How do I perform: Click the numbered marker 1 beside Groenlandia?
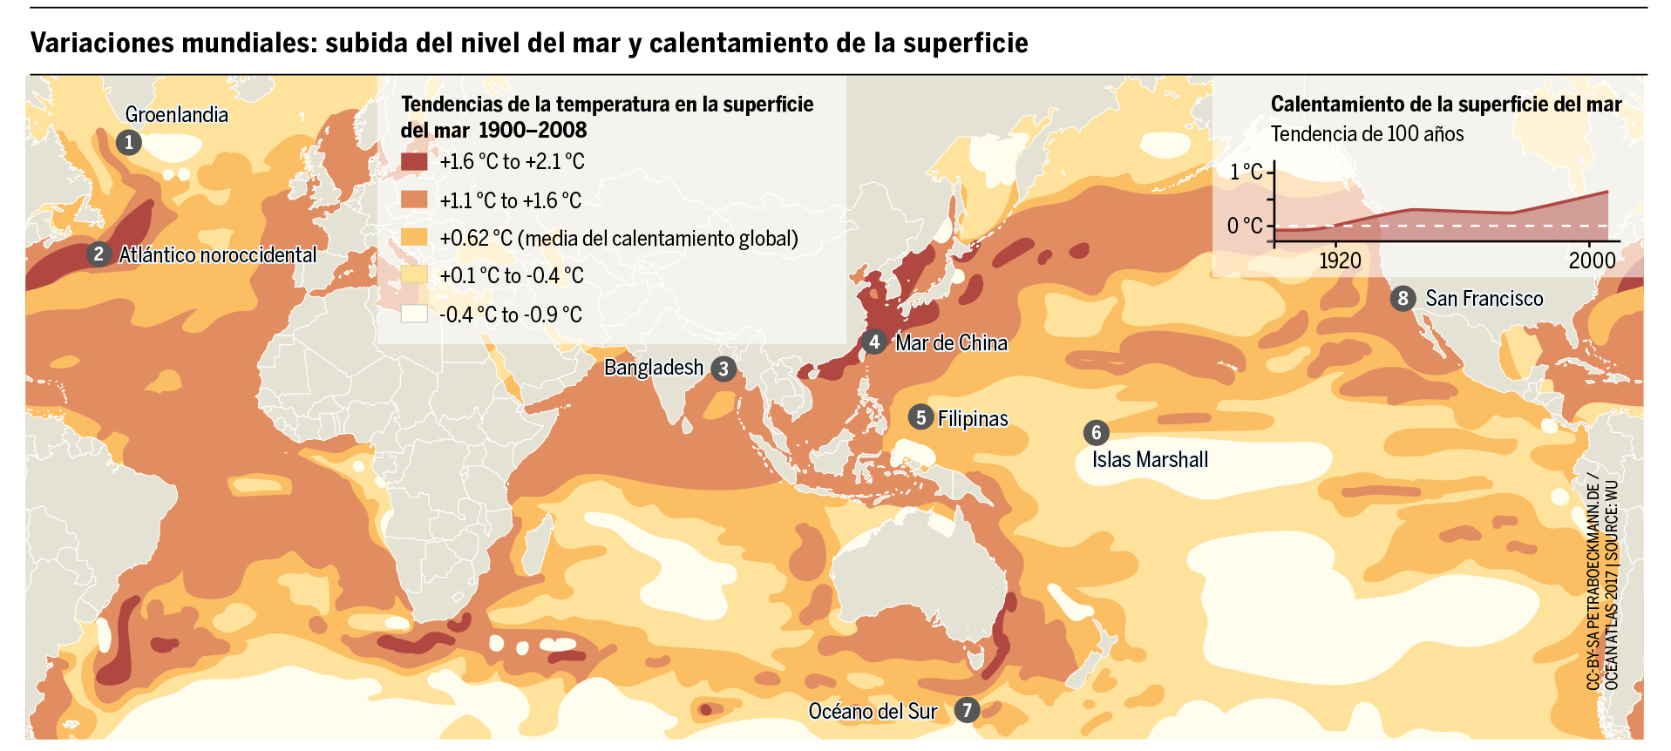pyautogui.click(x=128, y=142)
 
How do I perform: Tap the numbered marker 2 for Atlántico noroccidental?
pyautogui.click(x=98, y=254)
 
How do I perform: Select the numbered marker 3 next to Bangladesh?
pyautogui.click(x=723, y=369)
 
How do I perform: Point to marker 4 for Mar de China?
pyautogui.click(x=874, y=342)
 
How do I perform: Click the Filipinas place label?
pyautogui.click(x=973, y=419)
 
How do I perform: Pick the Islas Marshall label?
pyautogui.click(x=1150, y=460)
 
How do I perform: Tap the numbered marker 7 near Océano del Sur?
pyautogui.click(x=966, y=710)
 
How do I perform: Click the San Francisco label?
pyautogui.click(x=1484, y=299)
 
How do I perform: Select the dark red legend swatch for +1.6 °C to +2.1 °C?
pyautogui.click(x=414, y=162)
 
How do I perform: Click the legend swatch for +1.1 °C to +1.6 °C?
pyautogui.click(x=414, y=200)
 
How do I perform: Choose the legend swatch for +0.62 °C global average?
pyautogui.click(x=414, y=238)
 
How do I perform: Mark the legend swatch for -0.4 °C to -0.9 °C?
pyautogui.click(x=414, y=315)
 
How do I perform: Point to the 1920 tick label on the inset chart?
pyautogui.click(x=1340, y=260)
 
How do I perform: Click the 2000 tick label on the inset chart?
pyautogui.click(x=1592, y=260)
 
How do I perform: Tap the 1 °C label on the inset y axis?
pyautogui.click(x=1246, y=172)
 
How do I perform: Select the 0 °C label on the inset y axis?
pyautogui.click(x=1245, y=227)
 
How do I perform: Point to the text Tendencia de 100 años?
pyautogui.click(x=1367, y=134)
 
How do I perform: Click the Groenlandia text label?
pyautogui.click(x=177, y=115)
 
